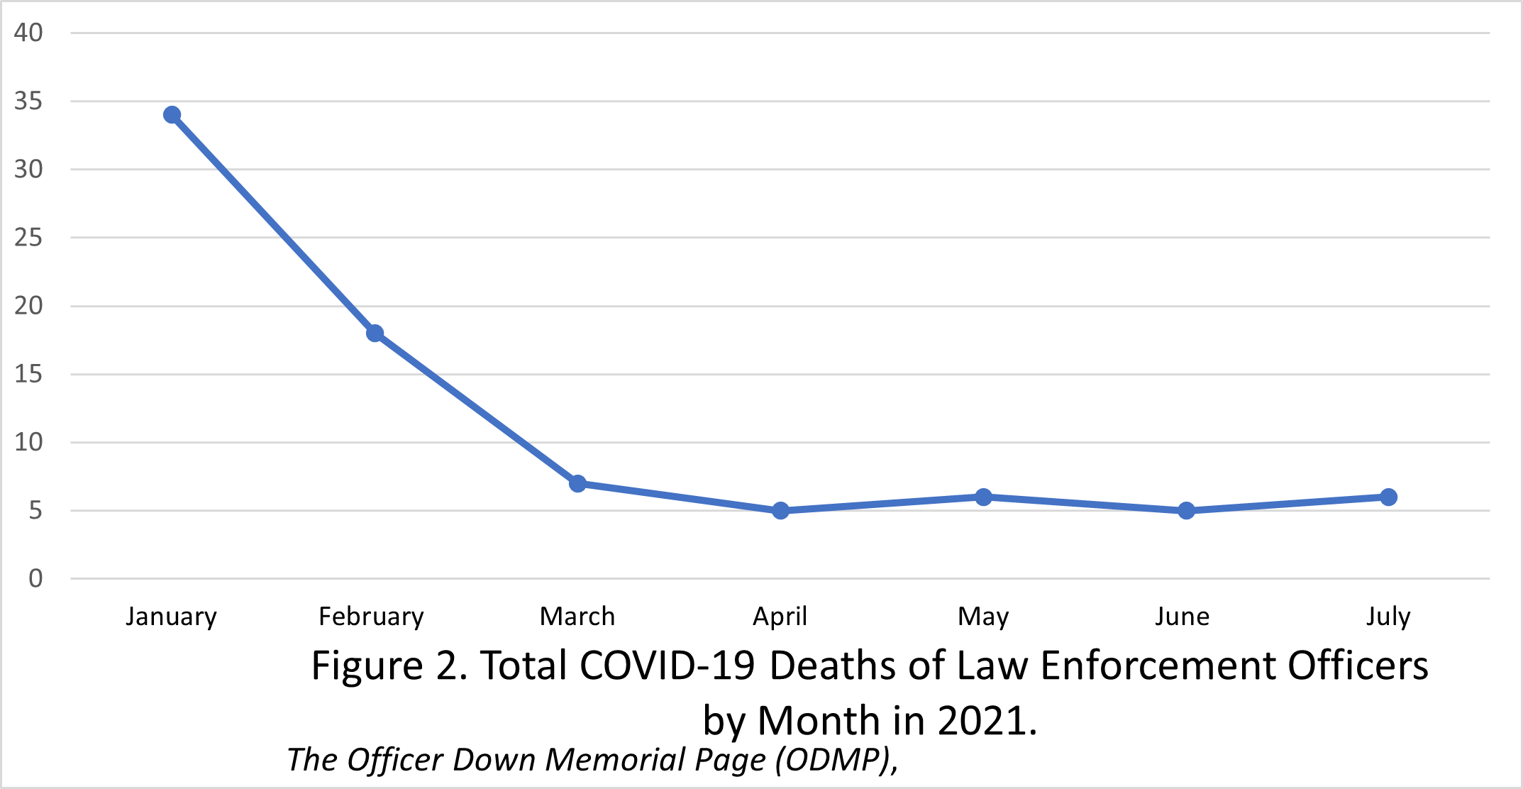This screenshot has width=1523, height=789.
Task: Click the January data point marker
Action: [172, 115]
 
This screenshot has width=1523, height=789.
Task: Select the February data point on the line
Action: [375, 333]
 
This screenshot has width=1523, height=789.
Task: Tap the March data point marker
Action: [577, 484]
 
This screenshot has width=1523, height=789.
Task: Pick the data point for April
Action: [780, 511]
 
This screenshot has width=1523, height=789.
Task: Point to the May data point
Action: [983, 497]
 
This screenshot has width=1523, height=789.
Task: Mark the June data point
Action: [1186, 511]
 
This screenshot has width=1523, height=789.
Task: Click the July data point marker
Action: [1389, 497]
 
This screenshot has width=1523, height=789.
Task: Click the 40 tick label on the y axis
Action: [28, 33]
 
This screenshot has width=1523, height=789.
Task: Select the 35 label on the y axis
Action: [28, 101]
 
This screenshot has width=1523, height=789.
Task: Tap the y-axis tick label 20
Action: [28, 306]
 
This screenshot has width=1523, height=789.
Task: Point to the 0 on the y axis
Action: [35, 579]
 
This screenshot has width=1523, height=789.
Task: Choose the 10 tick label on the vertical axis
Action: [28, 443]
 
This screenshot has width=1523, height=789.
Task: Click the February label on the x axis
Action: [371, 617]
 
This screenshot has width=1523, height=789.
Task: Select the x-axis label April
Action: [780, 617]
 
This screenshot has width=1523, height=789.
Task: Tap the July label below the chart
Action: [1388, 617]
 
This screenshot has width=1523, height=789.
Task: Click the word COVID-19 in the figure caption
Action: [667, 666]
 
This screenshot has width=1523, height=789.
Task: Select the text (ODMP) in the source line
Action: [831, 760]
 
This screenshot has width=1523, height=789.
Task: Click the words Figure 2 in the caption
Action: [387, 666]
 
